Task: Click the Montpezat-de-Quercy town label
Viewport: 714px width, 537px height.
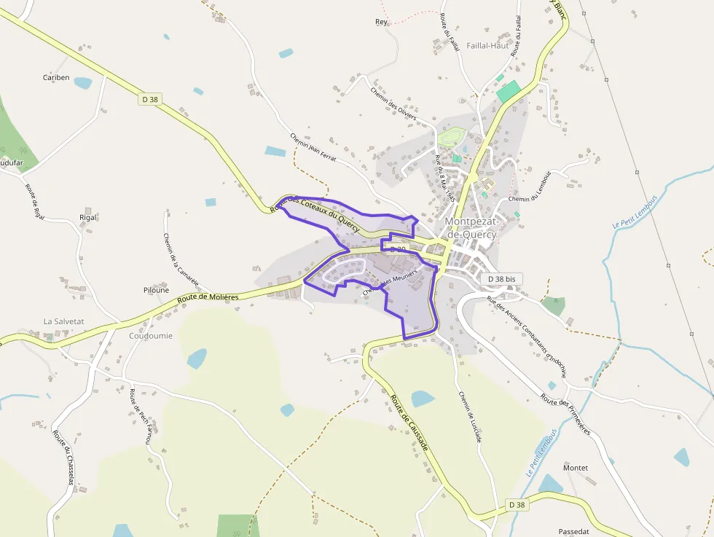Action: (470, 227)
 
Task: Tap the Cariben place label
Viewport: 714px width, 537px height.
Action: (56, 77)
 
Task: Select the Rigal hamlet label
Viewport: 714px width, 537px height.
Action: (87, 217)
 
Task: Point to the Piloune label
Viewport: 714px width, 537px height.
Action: (156, 290)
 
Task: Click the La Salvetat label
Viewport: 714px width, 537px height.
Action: (64, 321)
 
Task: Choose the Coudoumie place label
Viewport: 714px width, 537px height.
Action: (151, 336)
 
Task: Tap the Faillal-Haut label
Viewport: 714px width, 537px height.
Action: (487, 45)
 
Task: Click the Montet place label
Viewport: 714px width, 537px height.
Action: (576, 468)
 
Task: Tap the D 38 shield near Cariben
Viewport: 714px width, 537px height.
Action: (150, 99)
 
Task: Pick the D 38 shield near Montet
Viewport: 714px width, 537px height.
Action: (517, 504)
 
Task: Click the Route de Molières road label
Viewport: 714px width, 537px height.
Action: (208, 298)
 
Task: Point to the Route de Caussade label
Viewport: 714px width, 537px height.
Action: (409, 423)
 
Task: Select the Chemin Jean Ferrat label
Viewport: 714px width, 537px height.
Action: (313, 147)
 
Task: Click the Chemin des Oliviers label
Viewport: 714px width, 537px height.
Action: (393, 103)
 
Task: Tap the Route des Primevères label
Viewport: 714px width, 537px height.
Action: (565, 413)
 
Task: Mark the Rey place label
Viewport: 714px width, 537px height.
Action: (381, 22)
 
